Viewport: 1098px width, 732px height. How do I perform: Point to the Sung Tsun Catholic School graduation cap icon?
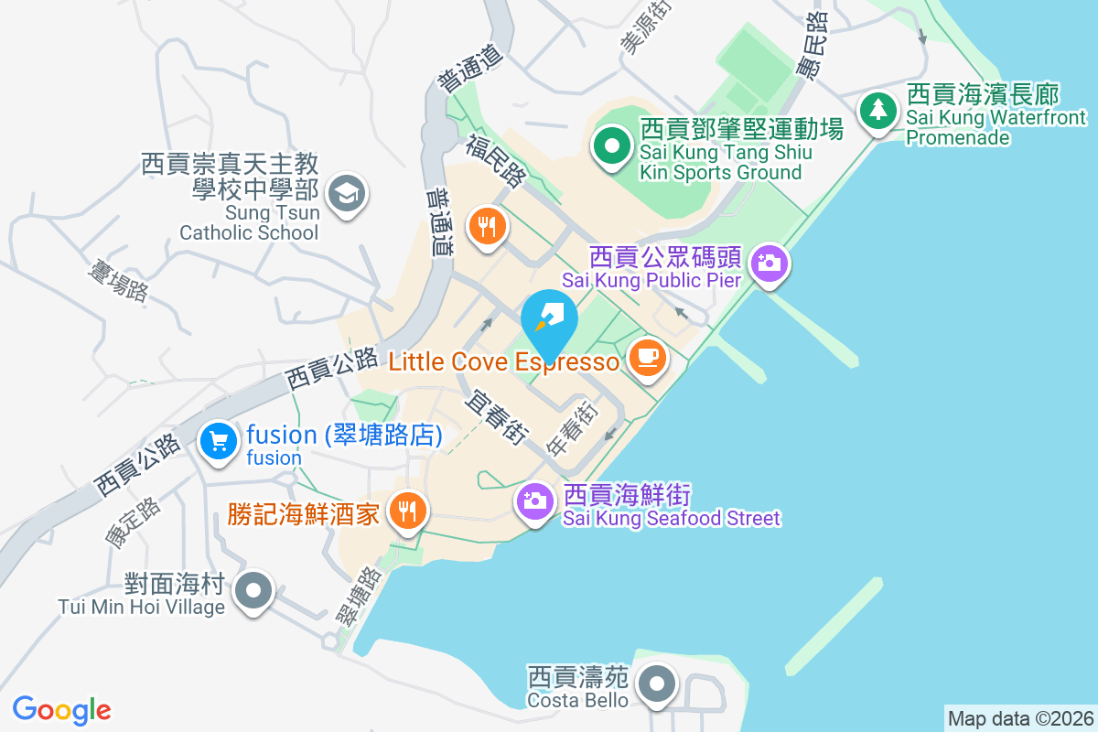pos(346,194)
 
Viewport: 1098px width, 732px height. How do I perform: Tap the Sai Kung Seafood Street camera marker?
pos(534,501)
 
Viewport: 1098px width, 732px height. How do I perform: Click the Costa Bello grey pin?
pos(656,685)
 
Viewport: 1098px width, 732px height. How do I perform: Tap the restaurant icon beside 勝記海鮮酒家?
pos(404,510)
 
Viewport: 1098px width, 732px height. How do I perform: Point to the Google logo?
pos(62,710)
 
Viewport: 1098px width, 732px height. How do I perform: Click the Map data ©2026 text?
pos(1020,718)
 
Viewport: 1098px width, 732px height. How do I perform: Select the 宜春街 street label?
pos(496,417)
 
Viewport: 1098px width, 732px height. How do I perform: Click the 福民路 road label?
pos(495,159)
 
